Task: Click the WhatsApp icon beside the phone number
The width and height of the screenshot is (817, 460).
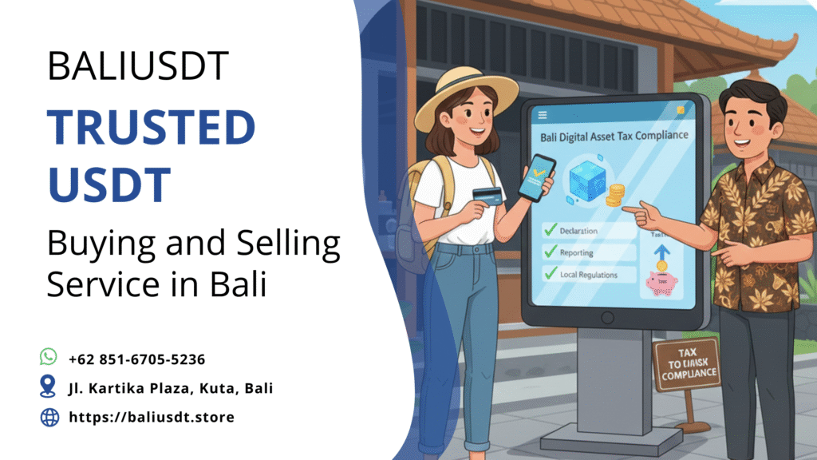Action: (x=49, y=356)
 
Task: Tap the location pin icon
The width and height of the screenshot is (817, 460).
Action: (x=49, y=387)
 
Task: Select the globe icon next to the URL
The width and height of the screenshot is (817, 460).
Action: (x=49, y=416)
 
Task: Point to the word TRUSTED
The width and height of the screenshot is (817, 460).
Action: (x=151, y=129)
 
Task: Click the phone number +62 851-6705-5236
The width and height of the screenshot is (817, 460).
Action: (x=137, y=359)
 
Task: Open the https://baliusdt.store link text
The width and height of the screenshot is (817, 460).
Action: (x=152, y=417)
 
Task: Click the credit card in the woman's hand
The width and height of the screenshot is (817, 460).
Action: (x=487, y=194)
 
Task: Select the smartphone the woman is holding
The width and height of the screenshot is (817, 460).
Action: (x=535, y=177)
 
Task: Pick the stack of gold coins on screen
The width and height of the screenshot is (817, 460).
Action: (x=615, y=195)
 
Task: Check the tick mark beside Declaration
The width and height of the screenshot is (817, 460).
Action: (x=550, y=231)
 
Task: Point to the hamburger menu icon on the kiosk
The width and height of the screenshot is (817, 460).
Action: (x=543, y=115)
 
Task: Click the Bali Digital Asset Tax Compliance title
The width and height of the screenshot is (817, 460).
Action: (x=614, y=136)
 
